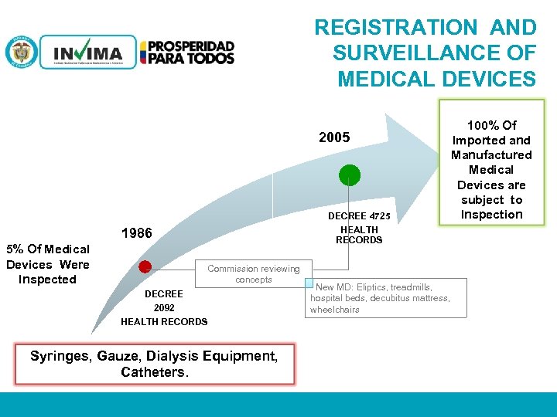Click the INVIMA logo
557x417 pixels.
click(87, 53)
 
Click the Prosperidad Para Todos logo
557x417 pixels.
click(187, 53)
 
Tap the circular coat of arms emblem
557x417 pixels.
click(21, 53)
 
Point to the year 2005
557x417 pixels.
click(334, 137)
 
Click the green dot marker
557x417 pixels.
click(350, 175)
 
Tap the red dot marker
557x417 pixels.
click(144, 268)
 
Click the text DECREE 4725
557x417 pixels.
click(359, 215)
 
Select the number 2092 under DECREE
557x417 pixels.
click(164, 307)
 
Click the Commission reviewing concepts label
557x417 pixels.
click(254, 274)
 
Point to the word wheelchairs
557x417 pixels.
click(335, 310)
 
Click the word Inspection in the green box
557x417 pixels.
click(491, 214)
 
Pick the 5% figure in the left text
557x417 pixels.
click(15, 249)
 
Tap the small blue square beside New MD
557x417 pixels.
click(307, 283)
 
